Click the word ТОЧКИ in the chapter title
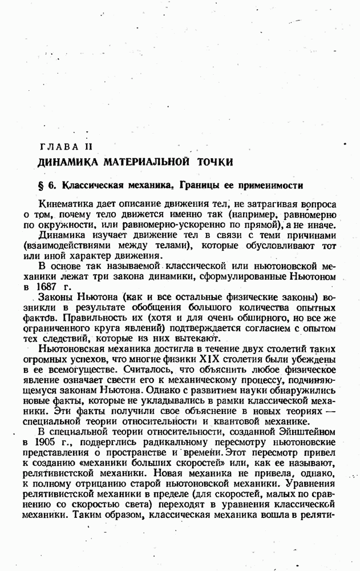click(x=215, y=162)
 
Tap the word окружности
click(x=71, y=225)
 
